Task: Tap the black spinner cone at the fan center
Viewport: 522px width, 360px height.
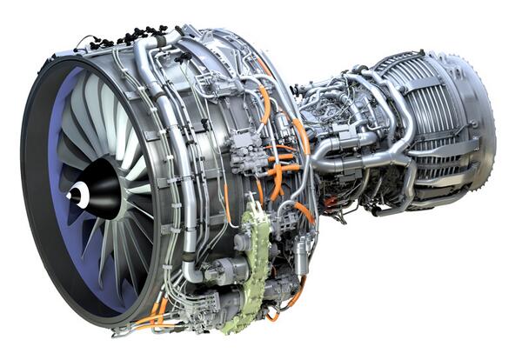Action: pyautogui.click(x=97, y=190)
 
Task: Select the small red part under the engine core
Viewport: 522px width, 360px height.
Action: pyautogui.click(x=330, y=202)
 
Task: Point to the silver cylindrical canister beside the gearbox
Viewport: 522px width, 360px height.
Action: pyautogui.click(x=300, y=257)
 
